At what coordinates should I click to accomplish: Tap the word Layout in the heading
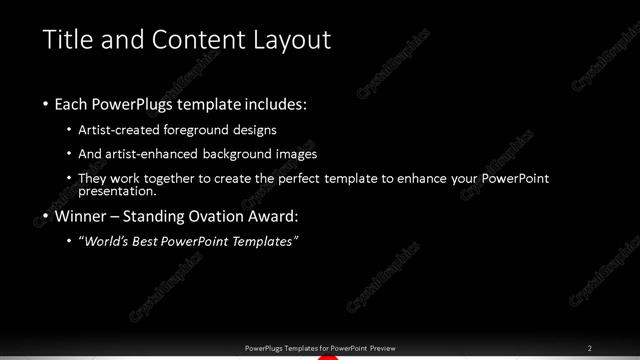[x=289, y=40]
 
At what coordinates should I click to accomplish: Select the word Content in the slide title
[x=194, y=40]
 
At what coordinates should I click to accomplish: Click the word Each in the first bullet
[x=74, y=103]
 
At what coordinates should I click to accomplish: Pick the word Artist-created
[x=127, y=130]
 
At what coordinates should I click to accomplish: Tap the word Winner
[x=81, y=216]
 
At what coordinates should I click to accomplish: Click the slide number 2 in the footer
[x=590, y=347]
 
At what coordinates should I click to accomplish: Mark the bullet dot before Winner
[x=47, y=217]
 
